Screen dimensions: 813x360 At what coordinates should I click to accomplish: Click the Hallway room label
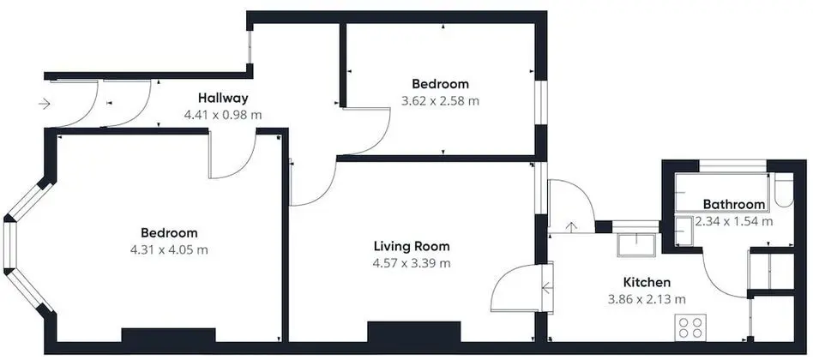point(223,98)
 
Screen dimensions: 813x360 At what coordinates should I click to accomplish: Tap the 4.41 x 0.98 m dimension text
point(223,115)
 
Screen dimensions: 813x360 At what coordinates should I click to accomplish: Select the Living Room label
point(412,245)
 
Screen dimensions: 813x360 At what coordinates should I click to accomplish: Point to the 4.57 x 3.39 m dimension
point(412,263)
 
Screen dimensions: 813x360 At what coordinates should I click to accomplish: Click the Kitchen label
point(647,282)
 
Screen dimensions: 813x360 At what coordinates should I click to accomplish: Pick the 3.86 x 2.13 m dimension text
point(647,299)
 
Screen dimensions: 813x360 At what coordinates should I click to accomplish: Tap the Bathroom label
point(733,204)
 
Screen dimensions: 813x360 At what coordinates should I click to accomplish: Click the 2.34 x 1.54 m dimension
point(733,222)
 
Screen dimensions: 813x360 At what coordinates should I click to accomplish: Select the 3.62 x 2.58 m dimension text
point(440,100)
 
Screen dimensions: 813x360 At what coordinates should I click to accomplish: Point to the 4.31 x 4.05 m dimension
point(169,249)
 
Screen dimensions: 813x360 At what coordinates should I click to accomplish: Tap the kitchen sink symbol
point(636,245)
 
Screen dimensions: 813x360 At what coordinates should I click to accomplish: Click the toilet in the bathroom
point(784,190)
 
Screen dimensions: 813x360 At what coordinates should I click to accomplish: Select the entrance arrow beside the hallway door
point(44,104)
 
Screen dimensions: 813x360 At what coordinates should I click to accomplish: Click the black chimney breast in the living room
point(413,332)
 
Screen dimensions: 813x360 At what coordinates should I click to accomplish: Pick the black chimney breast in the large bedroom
point(168,336)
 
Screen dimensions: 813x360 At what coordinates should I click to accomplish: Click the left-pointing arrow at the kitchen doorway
point(546,287)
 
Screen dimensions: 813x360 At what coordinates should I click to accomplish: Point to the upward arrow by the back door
point(571,227)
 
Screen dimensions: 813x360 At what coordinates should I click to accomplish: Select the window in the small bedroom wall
point(541,103)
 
